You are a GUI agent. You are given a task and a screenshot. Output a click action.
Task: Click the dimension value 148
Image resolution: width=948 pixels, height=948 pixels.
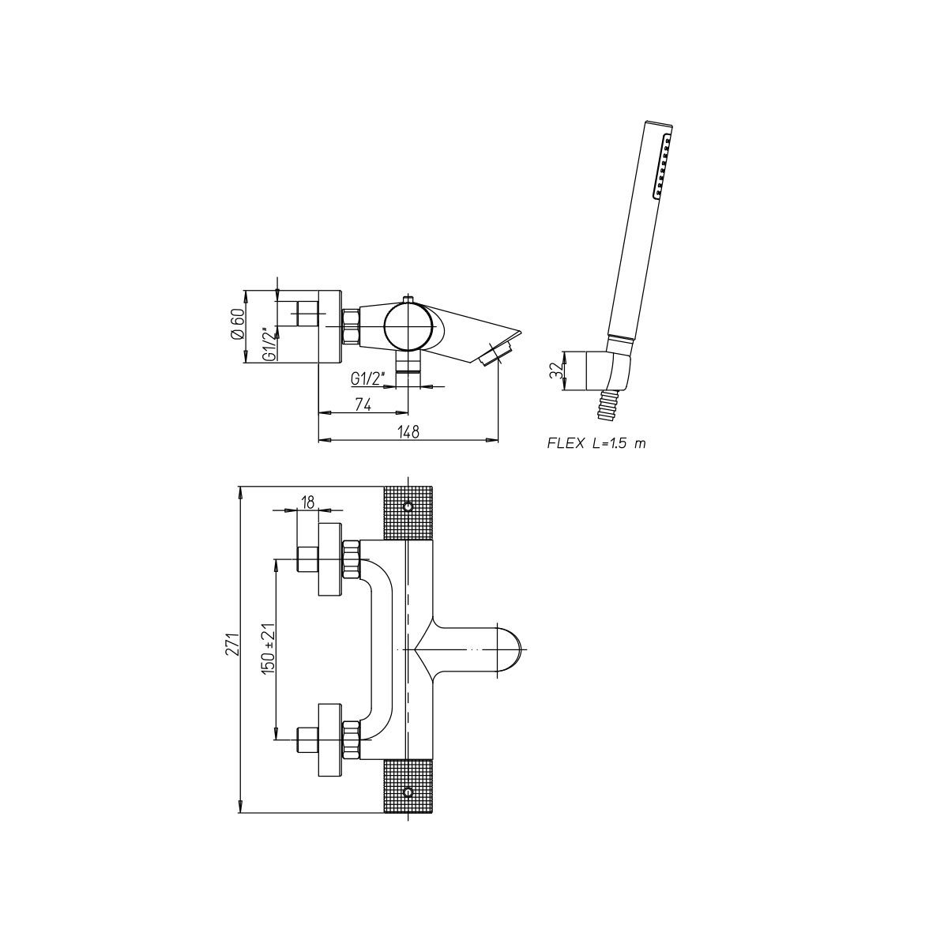408,431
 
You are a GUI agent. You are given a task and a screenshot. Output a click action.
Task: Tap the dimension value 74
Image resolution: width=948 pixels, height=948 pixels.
363,404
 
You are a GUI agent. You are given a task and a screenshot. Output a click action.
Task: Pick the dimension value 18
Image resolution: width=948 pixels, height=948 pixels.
307,502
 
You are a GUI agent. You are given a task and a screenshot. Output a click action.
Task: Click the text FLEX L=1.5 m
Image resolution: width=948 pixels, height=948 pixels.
596,443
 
